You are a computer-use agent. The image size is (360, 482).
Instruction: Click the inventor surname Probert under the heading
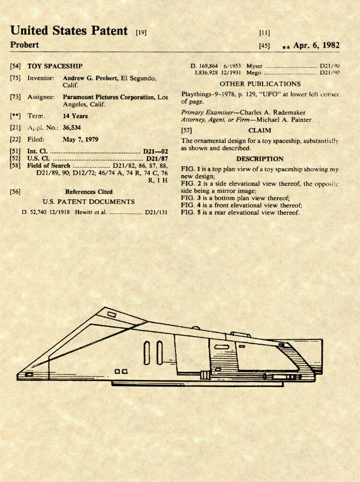click(x=25, y=45)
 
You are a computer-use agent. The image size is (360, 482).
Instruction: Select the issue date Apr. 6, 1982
click(x=316, y=46)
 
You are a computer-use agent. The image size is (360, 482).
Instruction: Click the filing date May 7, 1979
click(x=80, y=140)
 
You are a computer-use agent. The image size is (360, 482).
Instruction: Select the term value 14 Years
click(x=75, y=115)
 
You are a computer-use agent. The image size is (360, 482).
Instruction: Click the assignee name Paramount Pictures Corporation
click(x=109, y=97)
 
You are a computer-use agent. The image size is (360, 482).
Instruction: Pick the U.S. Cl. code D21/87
click(x=156, y=158)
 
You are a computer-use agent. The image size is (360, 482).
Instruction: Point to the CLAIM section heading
click(x=260, y=130)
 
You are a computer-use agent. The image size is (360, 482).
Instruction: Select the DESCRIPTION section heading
click(x=260, y=159)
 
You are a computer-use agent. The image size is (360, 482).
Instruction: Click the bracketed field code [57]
click(x=186, y=130)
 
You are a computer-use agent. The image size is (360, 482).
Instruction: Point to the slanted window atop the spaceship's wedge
click(x=112, y=314)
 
